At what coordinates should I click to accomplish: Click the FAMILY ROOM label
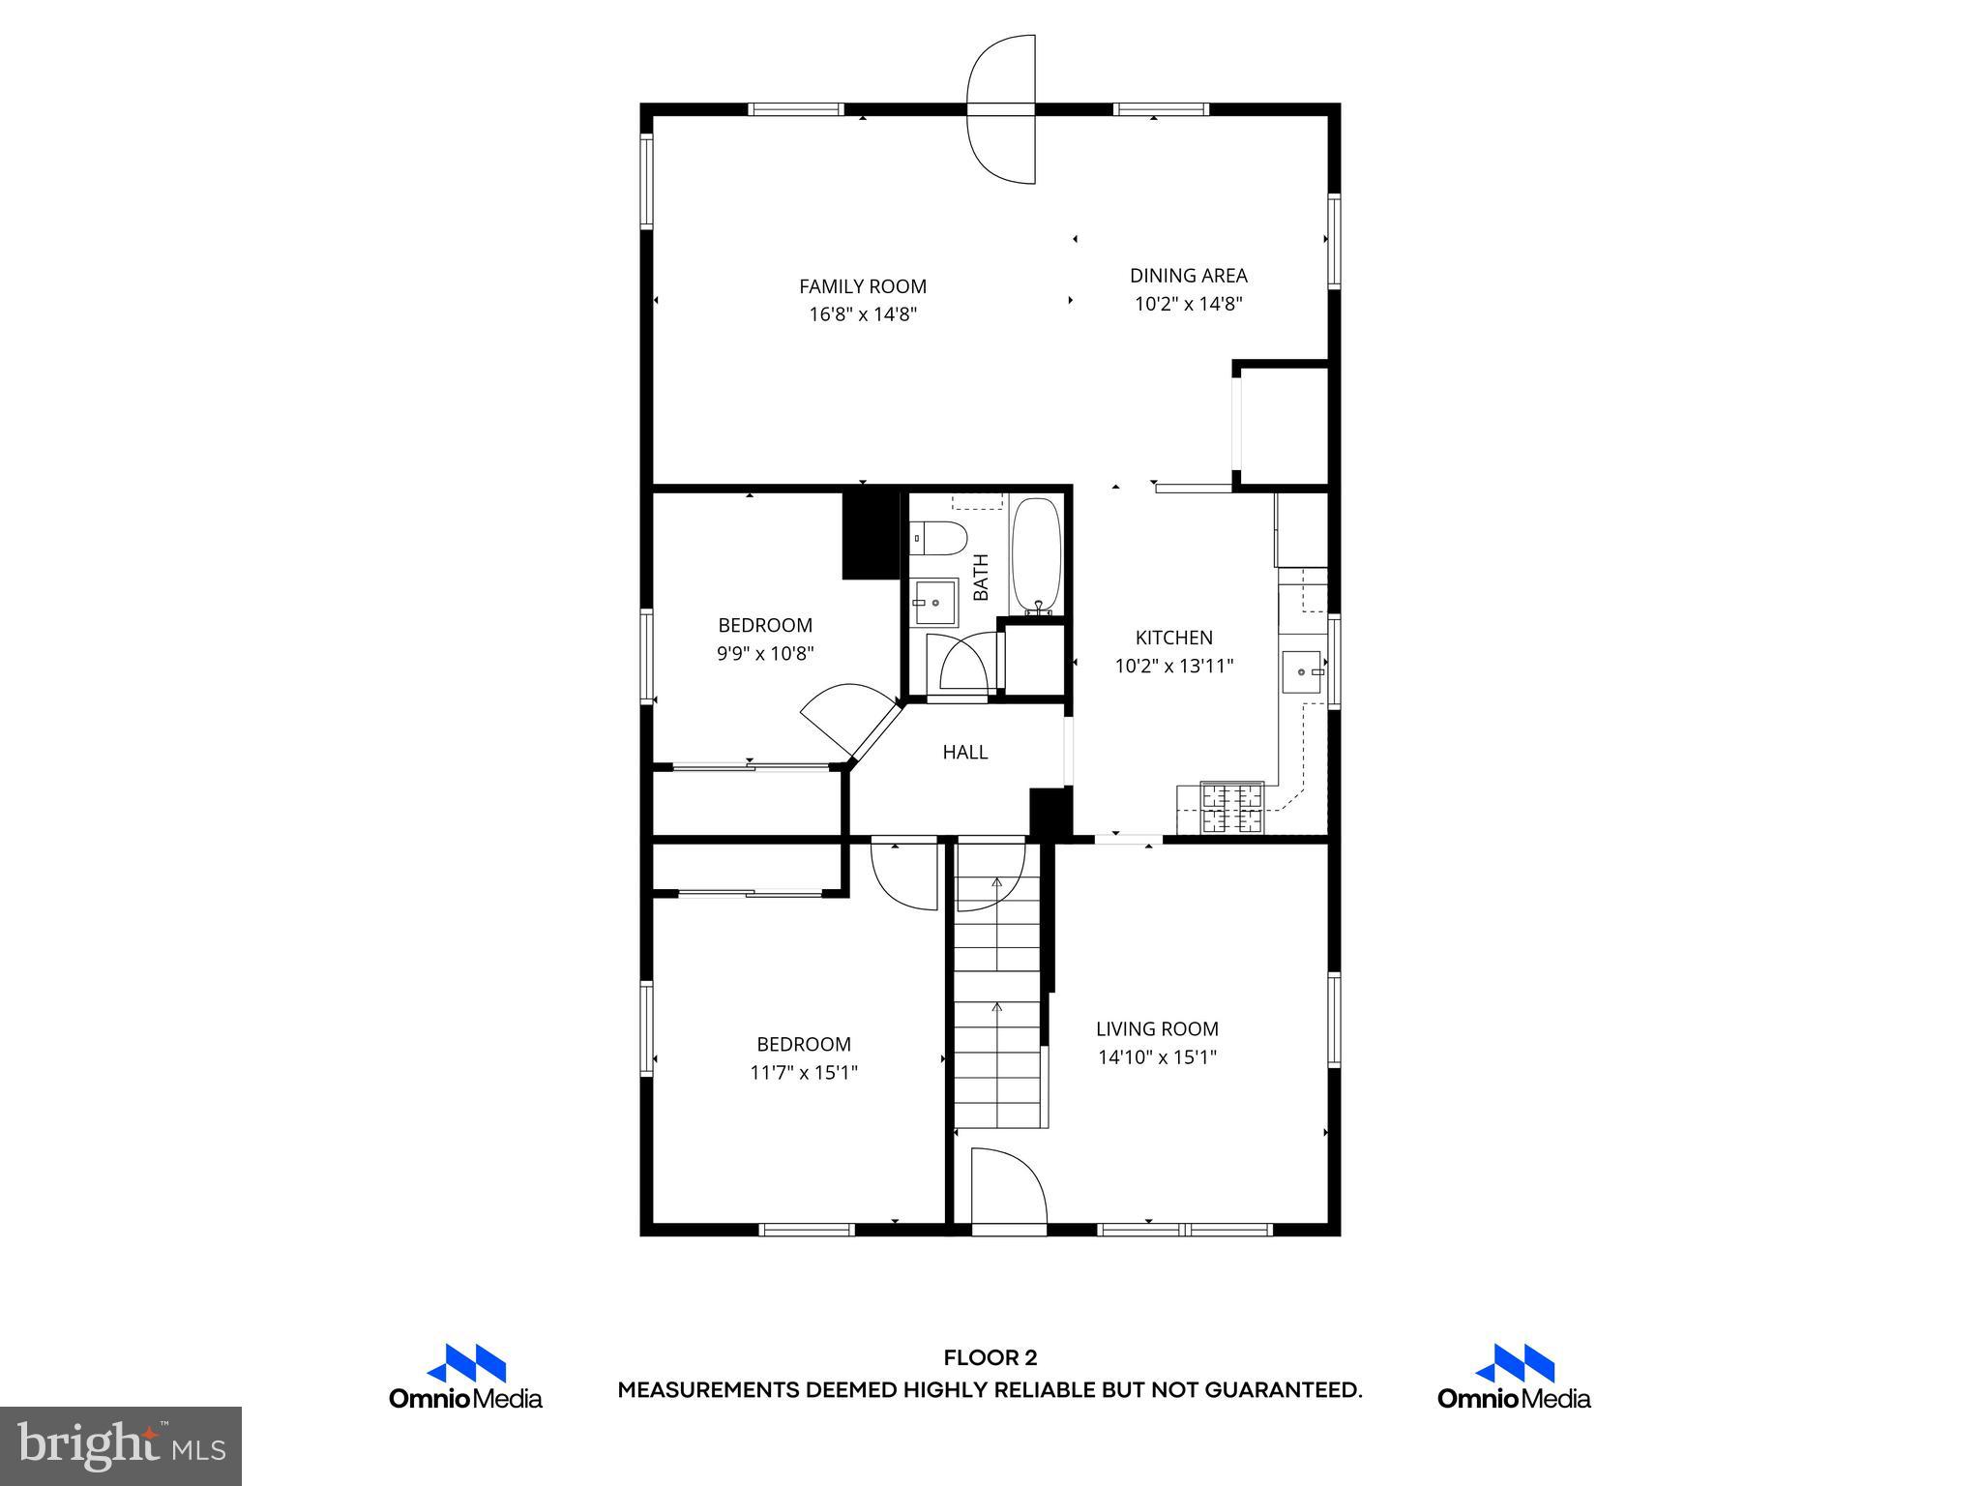862,286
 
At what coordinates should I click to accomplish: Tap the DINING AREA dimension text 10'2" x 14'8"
1188,304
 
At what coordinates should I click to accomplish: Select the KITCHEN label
1173,638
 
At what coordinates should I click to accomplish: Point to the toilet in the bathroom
940,538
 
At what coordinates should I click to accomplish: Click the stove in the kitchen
1231,808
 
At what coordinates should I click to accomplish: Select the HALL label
964,752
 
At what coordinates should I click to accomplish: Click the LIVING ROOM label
1157,1028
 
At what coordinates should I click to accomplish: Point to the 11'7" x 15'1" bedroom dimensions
804,1072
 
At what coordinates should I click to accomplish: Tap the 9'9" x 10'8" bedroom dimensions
764,653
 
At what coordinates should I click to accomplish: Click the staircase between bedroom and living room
998,1006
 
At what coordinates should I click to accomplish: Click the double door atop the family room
1002,109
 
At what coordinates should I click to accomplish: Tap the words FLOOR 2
990,1358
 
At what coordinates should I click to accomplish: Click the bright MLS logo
121,1445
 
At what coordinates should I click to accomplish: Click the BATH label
981,577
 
